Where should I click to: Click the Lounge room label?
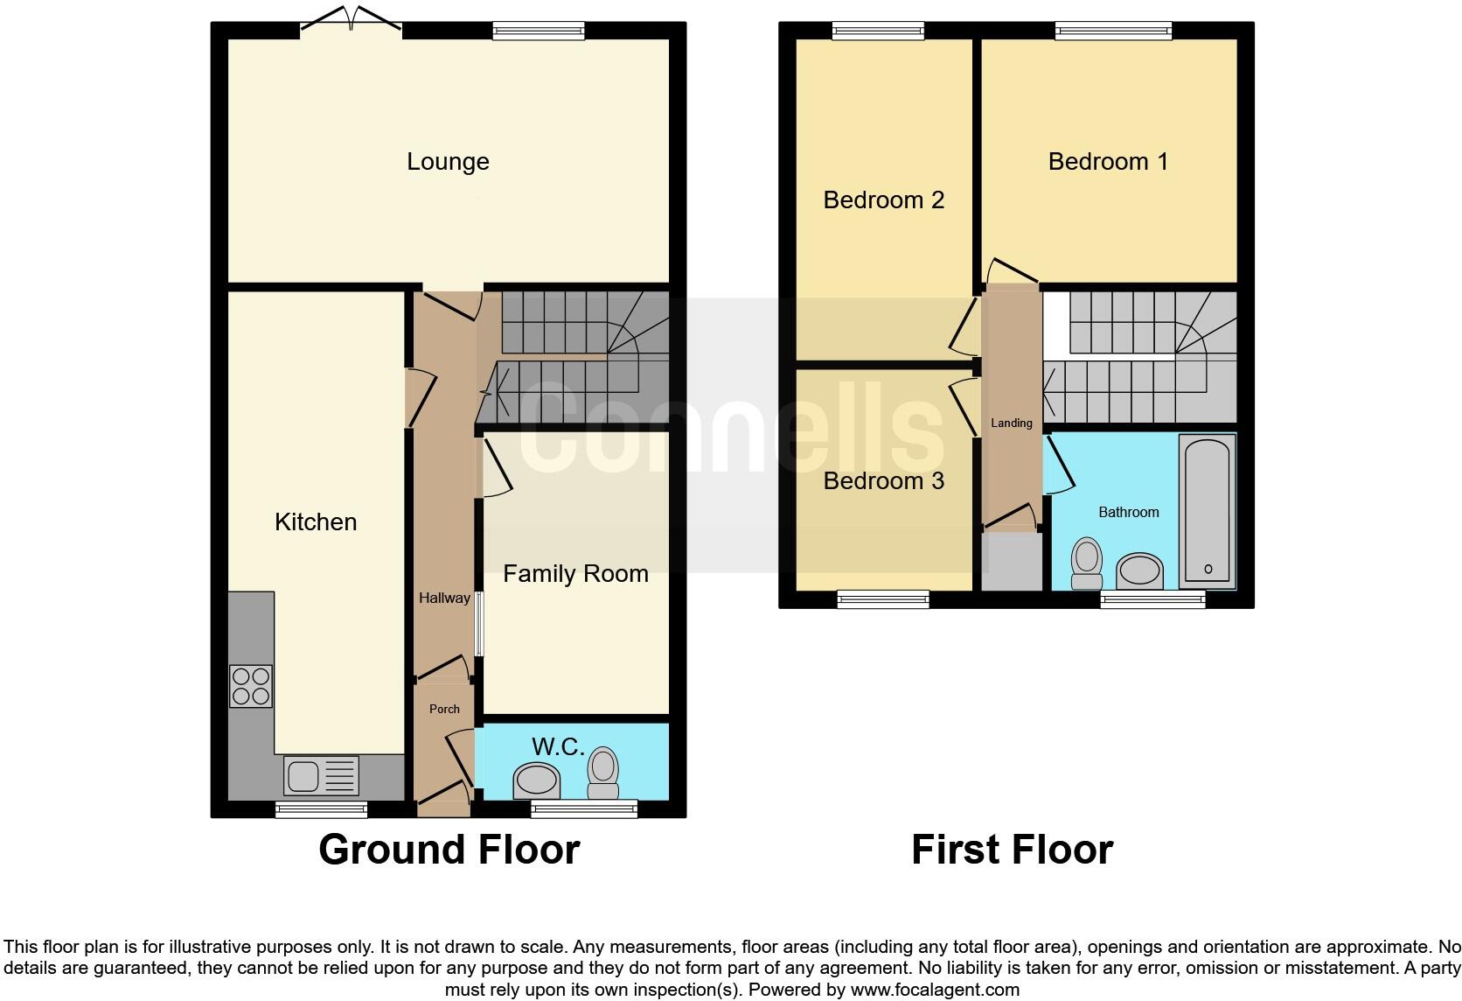point(448,162)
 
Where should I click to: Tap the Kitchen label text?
point(316,522)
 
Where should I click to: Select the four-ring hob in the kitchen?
point(251,686)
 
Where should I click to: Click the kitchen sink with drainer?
point(321,776)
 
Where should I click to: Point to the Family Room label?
point(575,574)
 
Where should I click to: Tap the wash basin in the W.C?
point(536,780)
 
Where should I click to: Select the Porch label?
point(444,709)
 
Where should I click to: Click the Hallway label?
point(444,598)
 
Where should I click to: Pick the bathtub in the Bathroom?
point(1208,511)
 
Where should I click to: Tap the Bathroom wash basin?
point(1140,571)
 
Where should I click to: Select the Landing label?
point(1012,423)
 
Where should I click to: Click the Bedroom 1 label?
point(1108,162)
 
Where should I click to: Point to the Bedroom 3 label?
point(883,481)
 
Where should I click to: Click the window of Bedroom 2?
point(877,31)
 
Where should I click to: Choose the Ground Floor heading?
point(449,850)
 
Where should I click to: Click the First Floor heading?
point(1012,850)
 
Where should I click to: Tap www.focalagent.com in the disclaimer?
point(935,990)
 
